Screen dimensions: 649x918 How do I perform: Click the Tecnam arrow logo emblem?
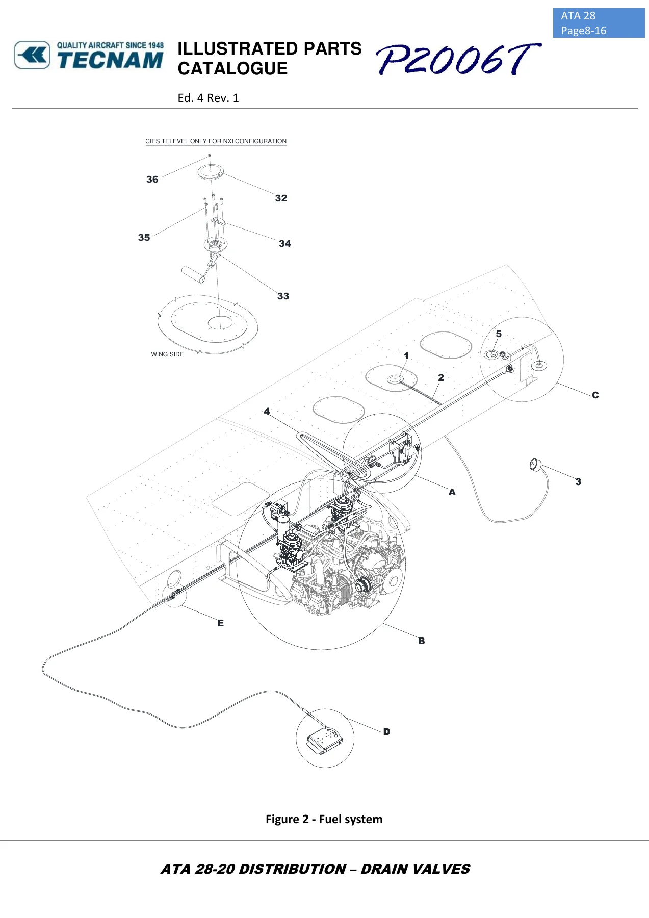[32, 55]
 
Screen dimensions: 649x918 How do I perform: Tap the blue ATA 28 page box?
[599, 23]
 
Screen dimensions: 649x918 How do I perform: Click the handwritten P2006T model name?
[458, 59]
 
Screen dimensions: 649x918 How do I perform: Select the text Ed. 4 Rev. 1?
[208, 98]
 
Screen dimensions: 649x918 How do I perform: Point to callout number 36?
[152, 179]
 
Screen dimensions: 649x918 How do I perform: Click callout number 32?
[281, 198]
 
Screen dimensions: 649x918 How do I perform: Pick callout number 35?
[144, 237]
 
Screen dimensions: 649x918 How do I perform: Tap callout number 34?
[285, 243]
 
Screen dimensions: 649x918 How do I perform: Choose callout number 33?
[283, 296]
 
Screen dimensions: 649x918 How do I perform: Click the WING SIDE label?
[167, 354]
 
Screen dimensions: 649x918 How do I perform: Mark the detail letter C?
[595, 395]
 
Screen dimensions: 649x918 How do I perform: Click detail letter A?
[452, 492]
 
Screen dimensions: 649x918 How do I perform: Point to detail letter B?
[421, 641]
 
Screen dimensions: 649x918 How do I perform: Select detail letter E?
[220, 623]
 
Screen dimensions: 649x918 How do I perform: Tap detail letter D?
[386, 732]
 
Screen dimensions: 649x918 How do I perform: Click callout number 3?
[578, 481]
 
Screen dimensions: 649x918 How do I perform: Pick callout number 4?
[267, 411]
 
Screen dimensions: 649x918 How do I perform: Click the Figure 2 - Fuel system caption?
[324, 819]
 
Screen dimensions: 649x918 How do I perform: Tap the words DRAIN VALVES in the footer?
[416, 869]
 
